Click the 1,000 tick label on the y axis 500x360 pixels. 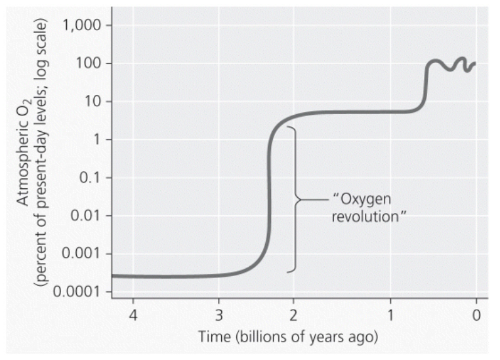[78, 26]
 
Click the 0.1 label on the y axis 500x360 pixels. [85, 178]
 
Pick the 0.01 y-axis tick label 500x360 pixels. [81, 216]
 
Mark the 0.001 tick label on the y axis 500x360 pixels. [77, 254]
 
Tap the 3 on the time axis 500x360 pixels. [219, 313]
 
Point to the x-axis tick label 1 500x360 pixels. [390, 313]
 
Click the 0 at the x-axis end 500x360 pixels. [477, 313]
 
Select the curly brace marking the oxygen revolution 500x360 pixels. [295, 199]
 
